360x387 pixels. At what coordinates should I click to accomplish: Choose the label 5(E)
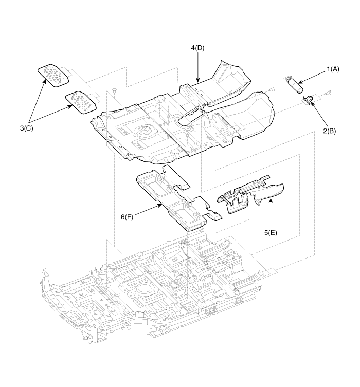point(271,232)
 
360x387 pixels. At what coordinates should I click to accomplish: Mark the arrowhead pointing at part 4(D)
point(197,81)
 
